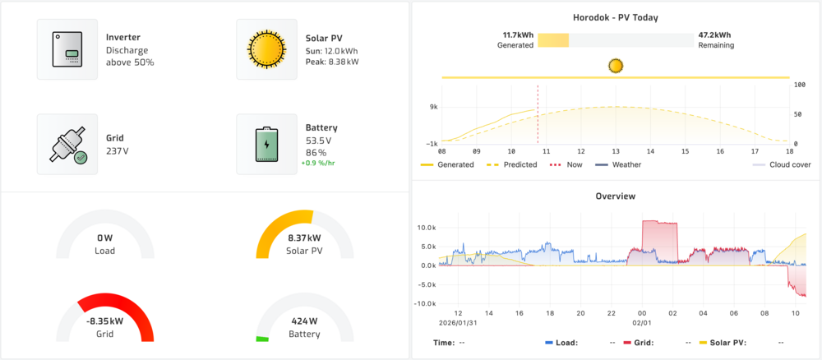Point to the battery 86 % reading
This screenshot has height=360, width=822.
click(316, 153)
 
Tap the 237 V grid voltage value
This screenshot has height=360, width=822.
click(118, 150)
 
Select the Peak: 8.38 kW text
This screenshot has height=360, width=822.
click(332, 62)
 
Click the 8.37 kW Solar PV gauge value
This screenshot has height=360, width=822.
click(305, 238)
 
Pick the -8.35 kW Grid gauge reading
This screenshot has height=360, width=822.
click(104, 322)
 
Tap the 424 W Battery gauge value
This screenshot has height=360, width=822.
click(305, 322)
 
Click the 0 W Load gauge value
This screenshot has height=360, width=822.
click(104, 238)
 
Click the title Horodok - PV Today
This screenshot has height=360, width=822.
click(615, 17)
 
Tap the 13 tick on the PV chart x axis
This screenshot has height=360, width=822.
click(615, 151)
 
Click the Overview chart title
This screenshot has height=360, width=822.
click(615, 196)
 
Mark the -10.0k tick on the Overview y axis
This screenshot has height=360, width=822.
click(424, 303)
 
